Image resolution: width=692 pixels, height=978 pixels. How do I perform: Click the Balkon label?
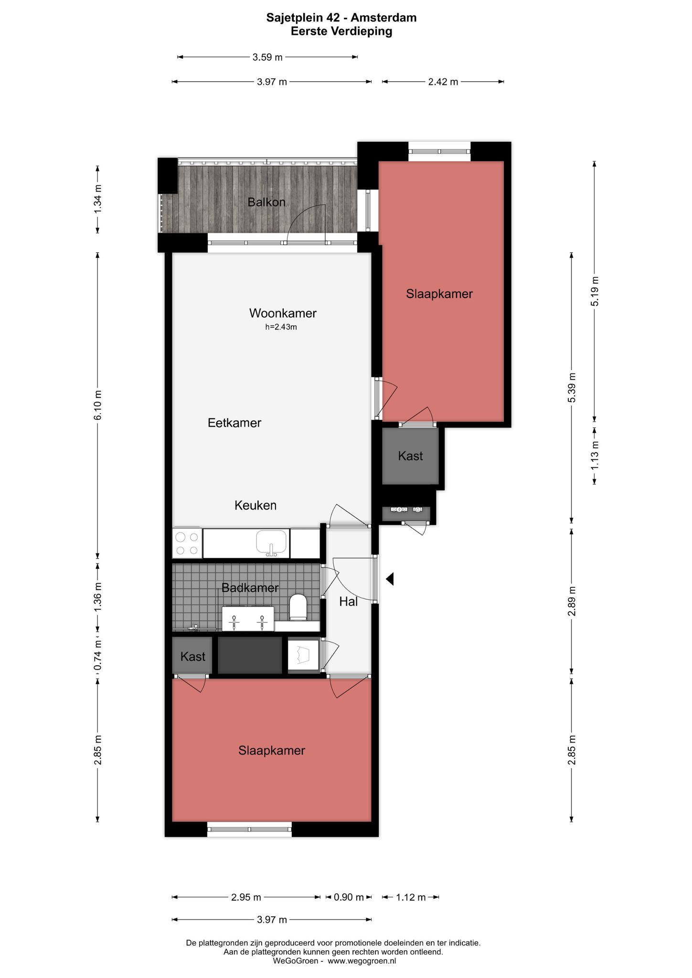[x=266, y=202]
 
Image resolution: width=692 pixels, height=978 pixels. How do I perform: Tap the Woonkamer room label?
[x=283, y=313]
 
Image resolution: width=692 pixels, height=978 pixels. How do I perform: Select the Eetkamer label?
[x=234, y=423]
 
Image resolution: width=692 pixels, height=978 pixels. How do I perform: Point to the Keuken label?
[x=256, y=505]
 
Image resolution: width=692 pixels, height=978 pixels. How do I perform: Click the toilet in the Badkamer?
[x=298, y=607]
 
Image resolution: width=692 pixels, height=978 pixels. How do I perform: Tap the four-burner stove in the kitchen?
[x=187, y=543]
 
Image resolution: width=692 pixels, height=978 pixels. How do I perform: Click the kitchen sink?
[x=272, y=543]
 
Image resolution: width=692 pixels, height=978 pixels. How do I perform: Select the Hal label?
[x=349, y=602]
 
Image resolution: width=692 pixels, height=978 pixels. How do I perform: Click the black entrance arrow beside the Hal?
[x=390, y=579]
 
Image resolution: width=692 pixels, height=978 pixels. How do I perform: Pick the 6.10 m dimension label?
[x=98, y=405]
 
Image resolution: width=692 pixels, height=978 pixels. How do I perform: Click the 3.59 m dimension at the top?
[x=267, y=57]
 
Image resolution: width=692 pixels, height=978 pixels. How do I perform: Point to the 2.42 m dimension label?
[x=443, y=82]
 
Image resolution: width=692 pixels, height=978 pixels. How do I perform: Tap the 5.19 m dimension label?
[x=595, y=291]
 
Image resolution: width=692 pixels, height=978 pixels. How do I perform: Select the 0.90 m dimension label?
[x=349, y=897]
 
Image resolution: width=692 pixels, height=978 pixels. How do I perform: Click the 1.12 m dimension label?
[x=411, y=897]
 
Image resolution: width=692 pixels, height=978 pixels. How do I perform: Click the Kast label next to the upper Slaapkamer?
[x=411, y=456]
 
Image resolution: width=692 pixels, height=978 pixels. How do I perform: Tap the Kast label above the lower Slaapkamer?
[x=193, y=657]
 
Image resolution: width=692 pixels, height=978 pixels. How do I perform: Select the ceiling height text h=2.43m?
[x=281, y=327]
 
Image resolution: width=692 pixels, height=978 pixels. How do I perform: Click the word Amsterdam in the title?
[x=384, y=18]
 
